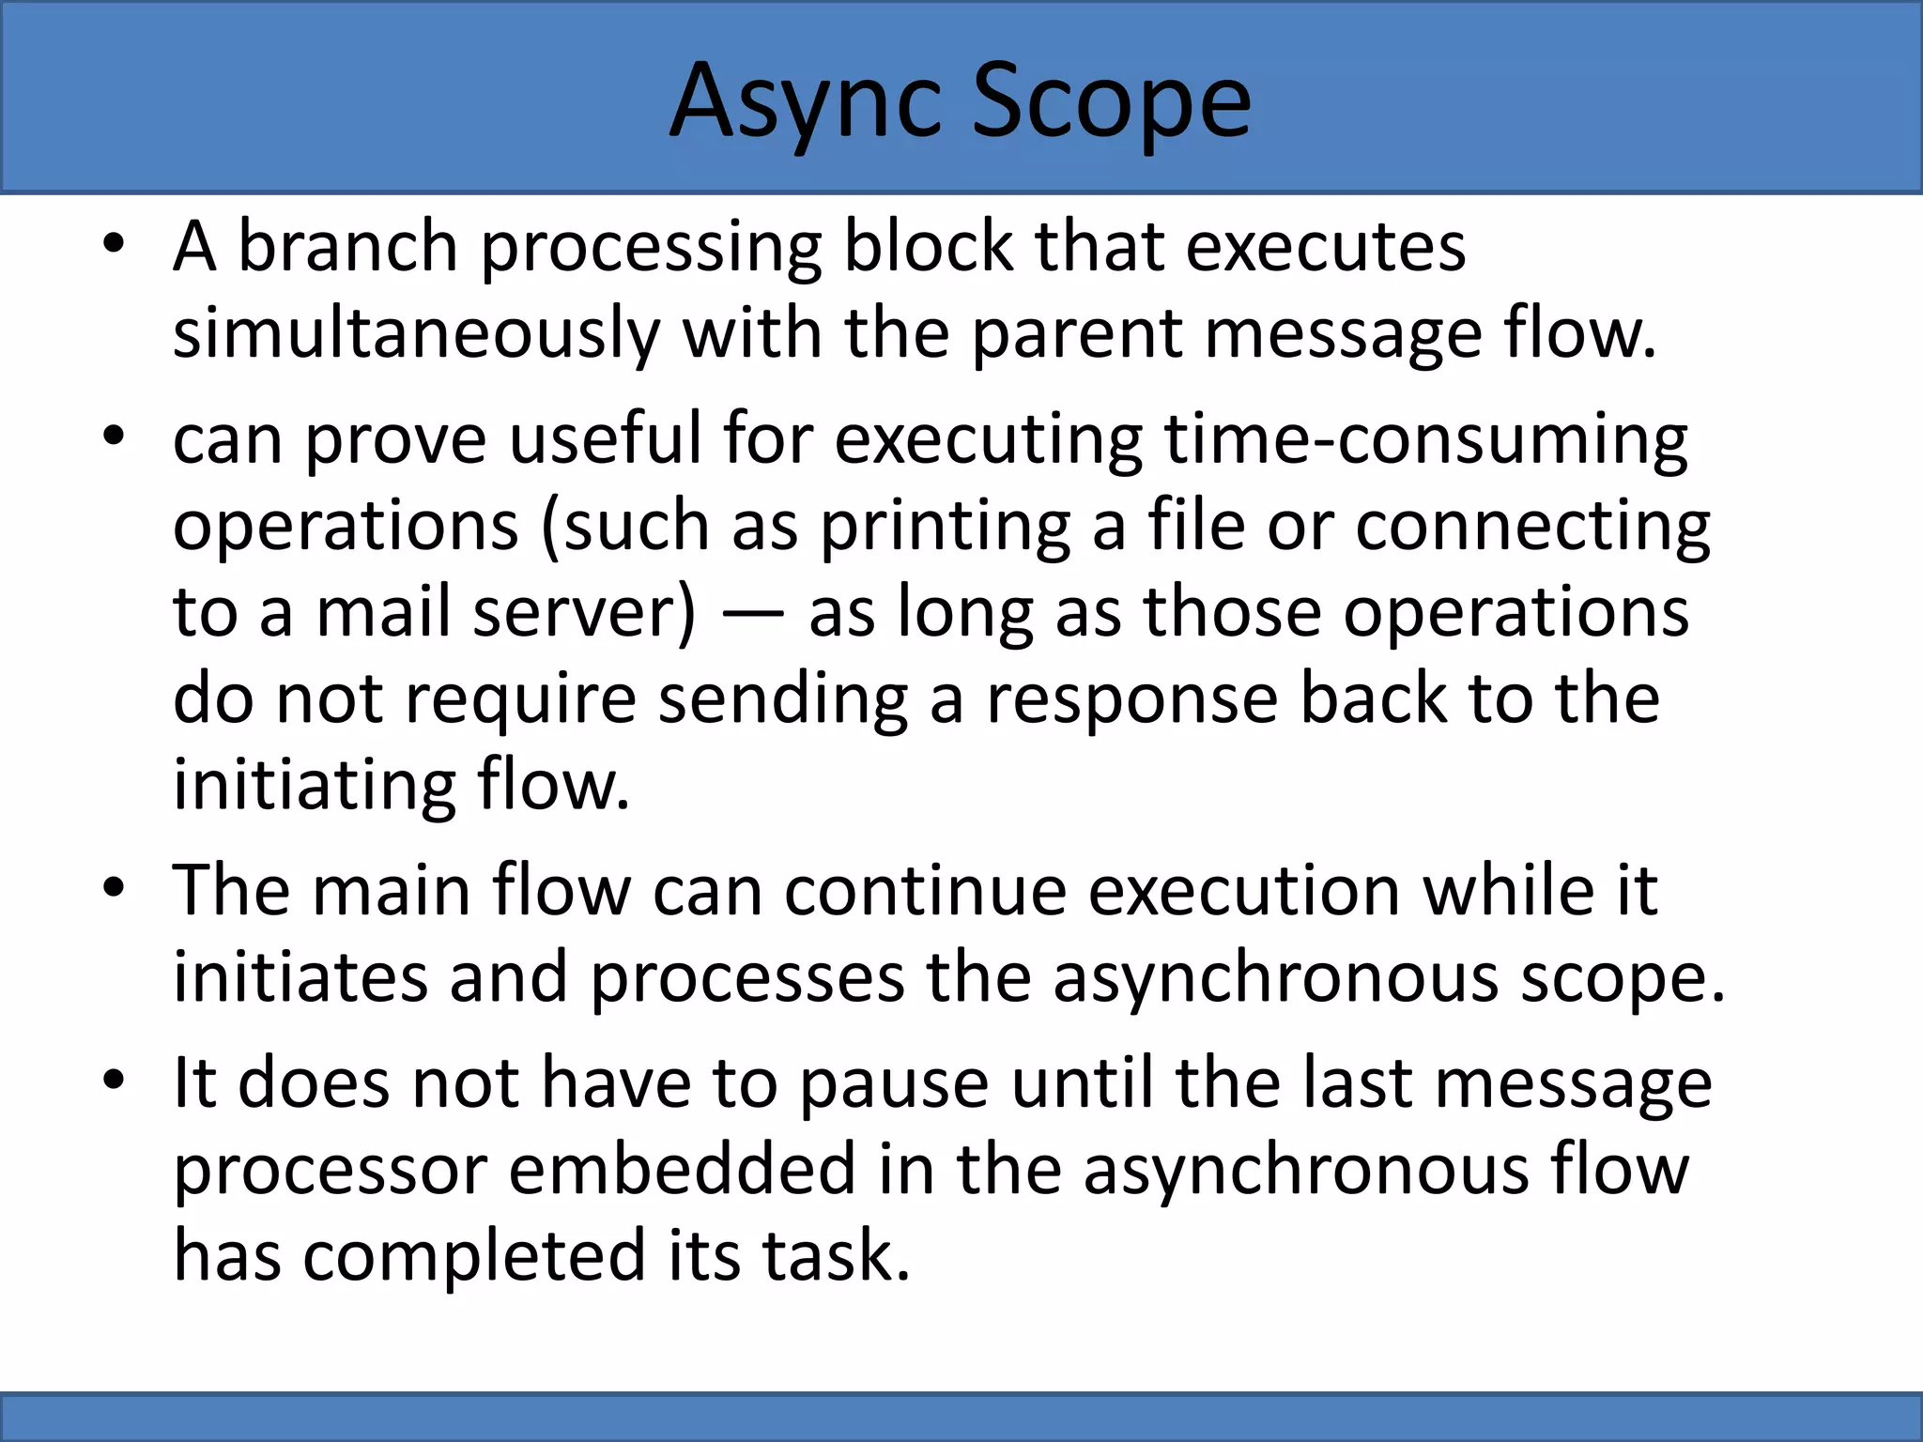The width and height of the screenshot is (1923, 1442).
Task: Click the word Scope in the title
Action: (1110, 101)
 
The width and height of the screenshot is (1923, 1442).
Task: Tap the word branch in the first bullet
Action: (347, 246)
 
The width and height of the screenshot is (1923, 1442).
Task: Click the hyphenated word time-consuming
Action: (1425, 438)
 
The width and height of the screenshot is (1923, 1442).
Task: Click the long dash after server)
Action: (753, 613)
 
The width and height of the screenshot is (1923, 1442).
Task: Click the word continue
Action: (925, 889)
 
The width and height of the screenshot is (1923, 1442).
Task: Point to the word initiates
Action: (300, 976)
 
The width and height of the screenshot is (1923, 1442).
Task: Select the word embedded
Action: (683, 1169)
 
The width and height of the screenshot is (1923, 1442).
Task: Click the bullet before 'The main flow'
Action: (114, 888)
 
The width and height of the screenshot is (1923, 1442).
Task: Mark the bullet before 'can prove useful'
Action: (114, 437)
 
